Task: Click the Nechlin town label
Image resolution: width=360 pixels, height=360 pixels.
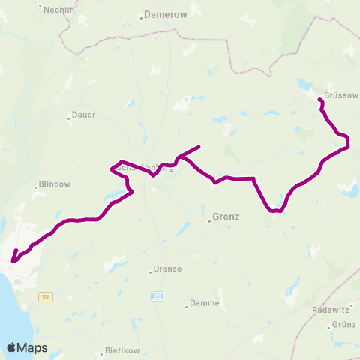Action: coord(60,9)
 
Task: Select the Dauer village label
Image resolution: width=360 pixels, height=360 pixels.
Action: coord(83,115)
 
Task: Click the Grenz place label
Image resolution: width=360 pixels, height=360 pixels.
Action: coord(226,217)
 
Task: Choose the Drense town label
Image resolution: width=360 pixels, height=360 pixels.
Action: coord(167,268)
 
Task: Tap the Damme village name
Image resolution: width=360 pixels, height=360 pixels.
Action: coord(205,303)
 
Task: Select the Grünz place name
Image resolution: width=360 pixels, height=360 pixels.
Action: coord(343,324)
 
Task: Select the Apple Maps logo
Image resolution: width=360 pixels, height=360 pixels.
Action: coord(26,347)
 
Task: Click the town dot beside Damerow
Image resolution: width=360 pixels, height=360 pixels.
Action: coord(140,15)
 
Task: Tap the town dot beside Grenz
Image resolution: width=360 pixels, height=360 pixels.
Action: coord(209,220)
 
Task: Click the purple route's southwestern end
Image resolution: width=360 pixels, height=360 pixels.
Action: coord(12,262)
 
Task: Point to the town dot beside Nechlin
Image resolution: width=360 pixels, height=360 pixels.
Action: coord(43,10)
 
